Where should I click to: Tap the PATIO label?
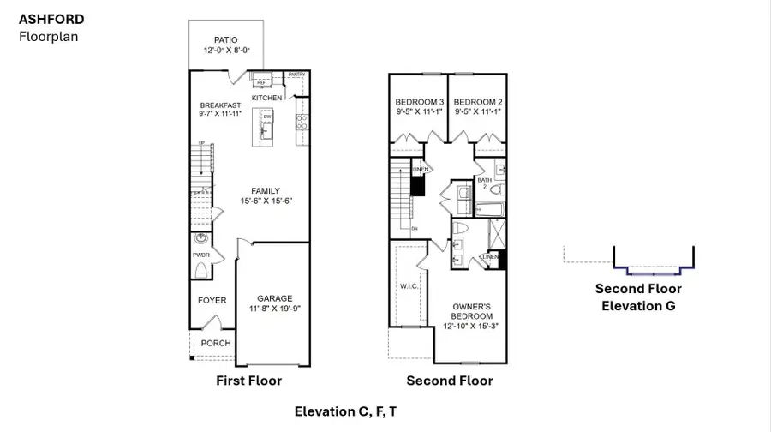click(x=226, y=39)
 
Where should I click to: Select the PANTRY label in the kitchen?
click(x=296, y=75)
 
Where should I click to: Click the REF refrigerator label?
click(x=261, y=82)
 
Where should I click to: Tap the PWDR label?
click(x=201, y=255)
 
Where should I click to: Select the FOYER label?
click(x=212, y=300)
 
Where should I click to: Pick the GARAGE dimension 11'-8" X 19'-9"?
click(x=276, y=309)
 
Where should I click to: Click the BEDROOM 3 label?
click(x=420, y=100)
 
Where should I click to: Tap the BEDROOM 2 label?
click(x=476, y=100)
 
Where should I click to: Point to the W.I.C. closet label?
click(x=408, y=286)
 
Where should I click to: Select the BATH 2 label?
click(x=485, y=183)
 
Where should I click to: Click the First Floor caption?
click(x=249, y=380)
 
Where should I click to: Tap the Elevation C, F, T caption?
click(x=345, y=411)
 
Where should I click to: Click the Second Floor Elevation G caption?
click(x=638, y=297)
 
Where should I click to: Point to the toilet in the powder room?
click(x=201, y=271)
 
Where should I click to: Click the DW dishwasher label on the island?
click(x=266, y=117)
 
